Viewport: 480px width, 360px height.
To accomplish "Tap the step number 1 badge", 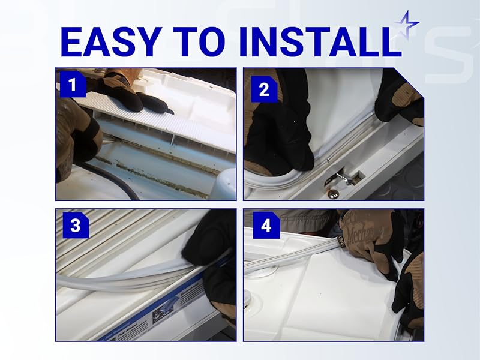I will pyautogui.click(x=73, y=86).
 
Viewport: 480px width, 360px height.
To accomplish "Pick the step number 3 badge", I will pyautogui.click(x=75, y=226).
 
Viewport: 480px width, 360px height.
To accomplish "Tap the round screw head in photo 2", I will pyautogui.click(x=331, y=192).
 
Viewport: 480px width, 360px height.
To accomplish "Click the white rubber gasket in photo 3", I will pyautogui.click(x=120, y=276).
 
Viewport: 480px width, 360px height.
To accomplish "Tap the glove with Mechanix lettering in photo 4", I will pyautogui.click(x=366, y=231).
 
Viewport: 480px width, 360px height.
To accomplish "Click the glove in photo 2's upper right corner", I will pyautogui.click(x=399, y=96).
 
